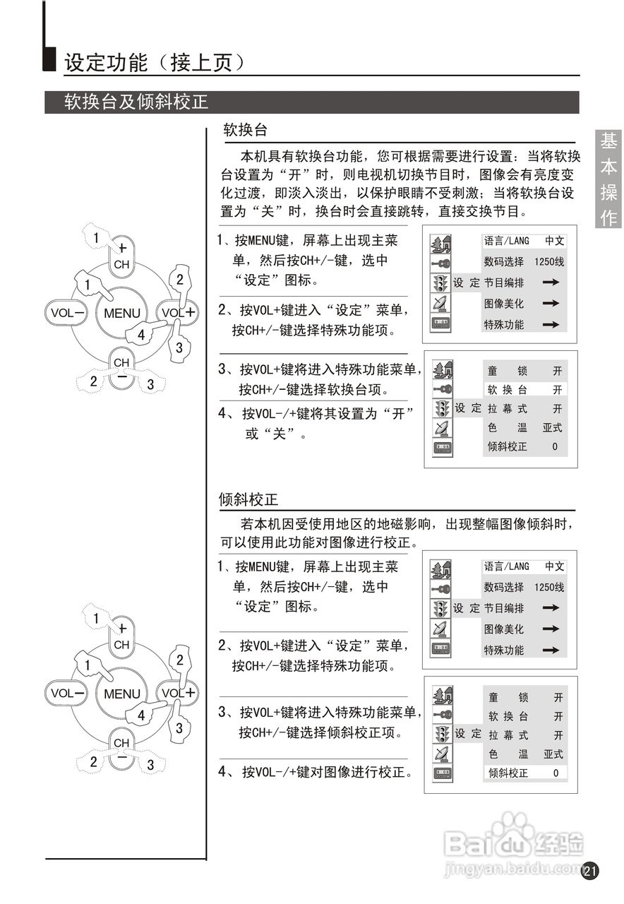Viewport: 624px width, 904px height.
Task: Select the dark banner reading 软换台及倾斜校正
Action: [136, 102]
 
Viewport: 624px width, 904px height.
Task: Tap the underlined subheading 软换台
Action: [245, 130]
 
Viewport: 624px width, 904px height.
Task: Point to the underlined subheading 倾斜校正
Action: [249, 500]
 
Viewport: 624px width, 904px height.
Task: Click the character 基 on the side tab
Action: [608, 141]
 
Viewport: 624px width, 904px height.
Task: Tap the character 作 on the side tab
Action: [608, 218]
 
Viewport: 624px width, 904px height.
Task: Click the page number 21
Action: [590, 871]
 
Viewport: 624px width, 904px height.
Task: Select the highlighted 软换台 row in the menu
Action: [524, 389]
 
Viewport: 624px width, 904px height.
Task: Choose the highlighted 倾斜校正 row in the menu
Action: [524, 773]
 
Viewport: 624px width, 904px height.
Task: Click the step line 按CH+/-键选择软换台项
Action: [313, 389]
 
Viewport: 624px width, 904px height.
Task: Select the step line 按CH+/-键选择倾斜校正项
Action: [320, 732]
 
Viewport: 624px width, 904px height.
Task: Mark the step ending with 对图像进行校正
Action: [327, 772]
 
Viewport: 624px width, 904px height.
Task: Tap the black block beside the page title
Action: [49, 60]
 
